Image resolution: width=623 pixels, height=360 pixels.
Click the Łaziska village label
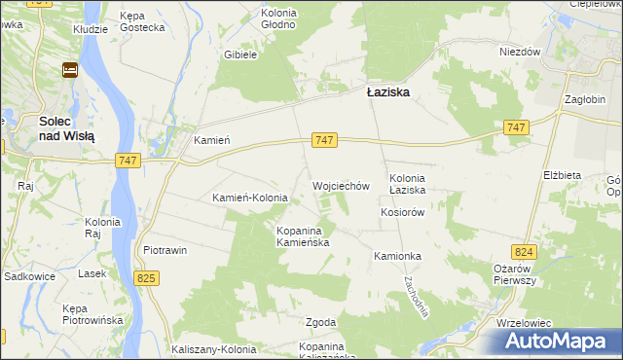(x=386, y=91)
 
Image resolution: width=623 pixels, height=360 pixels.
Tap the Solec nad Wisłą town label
(x=66, y=128)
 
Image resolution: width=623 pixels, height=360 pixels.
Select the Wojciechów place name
(x=341, y=185)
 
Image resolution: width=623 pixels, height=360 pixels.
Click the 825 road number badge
(x=147, y=279)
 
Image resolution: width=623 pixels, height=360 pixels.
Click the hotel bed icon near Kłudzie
(x=70, y=69)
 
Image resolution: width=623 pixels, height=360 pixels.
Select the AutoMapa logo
(x=559, y=341)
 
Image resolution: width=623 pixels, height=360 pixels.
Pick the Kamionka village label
(x=397, y=256)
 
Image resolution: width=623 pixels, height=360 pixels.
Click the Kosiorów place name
(x=404, y=212)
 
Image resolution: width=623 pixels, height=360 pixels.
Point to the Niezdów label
(x=519, y=53)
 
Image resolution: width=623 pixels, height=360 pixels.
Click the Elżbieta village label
(x=562, y=175)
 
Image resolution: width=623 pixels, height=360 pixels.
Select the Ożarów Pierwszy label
(x=516, y=273)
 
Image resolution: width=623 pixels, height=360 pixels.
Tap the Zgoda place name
(x=320, y=322)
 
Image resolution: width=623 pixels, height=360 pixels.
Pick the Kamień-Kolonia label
(x=250, y=198)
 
